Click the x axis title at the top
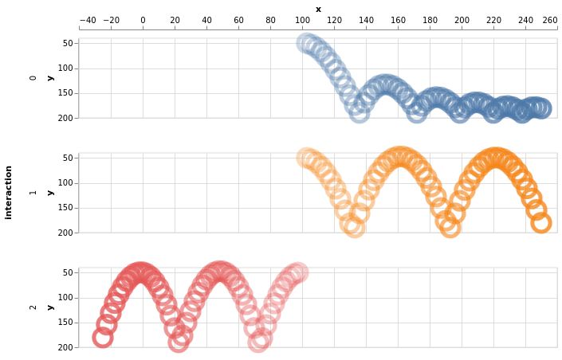(318, 9)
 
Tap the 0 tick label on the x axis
(143, 21)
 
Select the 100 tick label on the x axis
(302, 21)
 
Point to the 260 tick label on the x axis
(549, 21)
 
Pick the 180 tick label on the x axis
(430, 21)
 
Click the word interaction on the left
(9, 192)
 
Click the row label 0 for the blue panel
(33, 78)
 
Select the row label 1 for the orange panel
(33, 192)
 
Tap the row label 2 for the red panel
(33, 307)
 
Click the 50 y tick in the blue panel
(68, 44)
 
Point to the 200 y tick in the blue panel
(66, 118)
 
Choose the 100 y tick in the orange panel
(66, 183)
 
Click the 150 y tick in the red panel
(66, 323)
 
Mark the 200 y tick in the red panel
(66, 347)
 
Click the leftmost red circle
(102, 338)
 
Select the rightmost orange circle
(541, 223)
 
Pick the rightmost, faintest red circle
(298, 272)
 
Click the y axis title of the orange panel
(49, 192)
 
